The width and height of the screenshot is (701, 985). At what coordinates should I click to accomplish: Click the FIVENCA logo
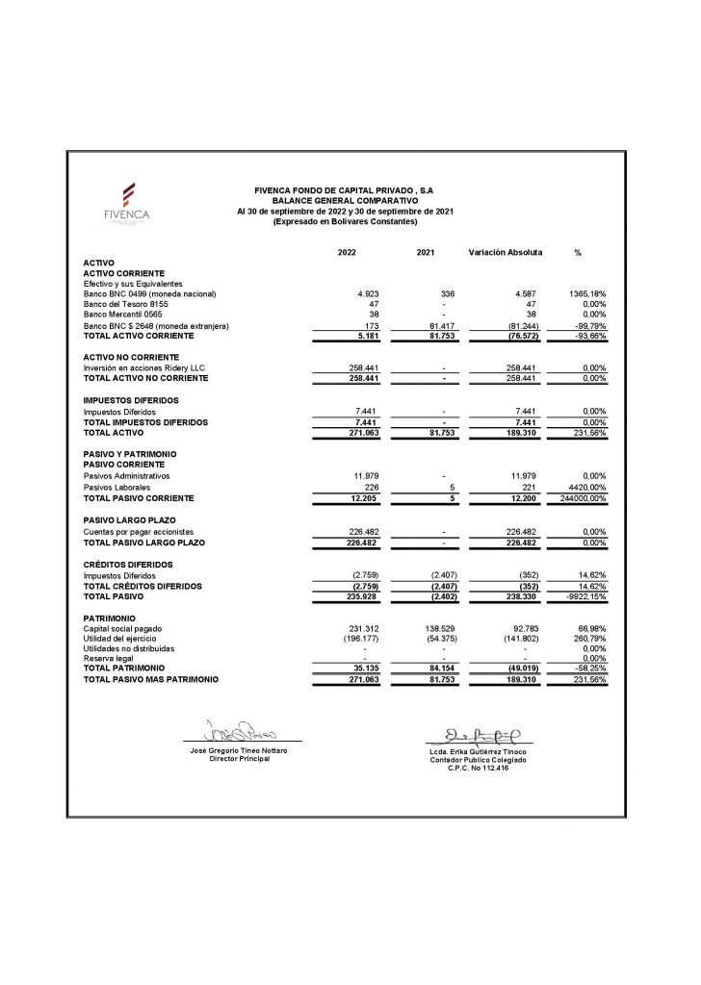tap(127, 203)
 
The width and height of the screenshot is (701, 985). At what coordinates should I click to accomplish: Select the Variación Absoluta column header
tap(505, 252)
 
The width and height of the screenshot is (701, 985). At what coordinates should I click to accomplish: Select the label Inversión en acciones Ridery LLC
tap(145, 367)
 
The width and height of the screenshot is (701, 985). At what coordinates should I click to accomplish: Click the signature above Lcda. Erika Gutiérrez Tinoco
tap(483, 733)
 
